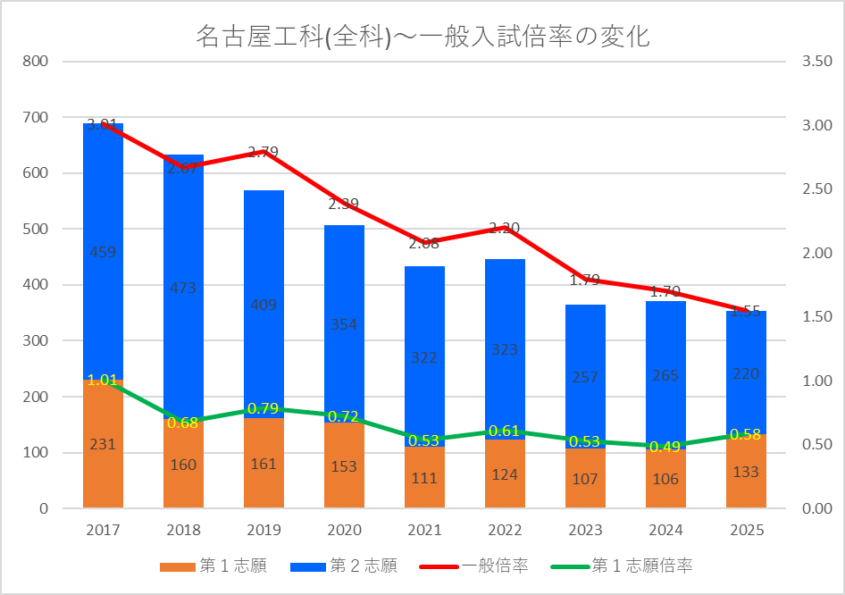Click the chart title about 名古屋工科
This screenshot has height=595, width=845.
(422, 37)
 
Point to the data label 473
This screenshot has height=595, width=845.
(183, 288)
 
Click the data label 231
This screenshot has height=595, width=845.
(103, 444)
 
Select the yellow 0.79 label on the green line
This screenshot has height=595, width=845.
(264, 409)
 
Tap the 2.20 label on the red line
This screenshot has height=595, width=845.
(505, 228)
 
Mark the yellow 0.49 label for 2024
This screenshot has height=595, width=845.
(665, 447)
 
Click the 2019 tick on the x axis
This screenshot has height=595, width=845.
(264, 530)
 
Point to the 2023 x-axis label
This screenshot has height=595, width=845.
(585, 530)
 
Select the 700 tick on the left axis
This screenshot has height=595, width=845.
(37, 117)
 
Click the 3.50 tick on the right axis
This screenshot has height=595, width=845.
(816, 62)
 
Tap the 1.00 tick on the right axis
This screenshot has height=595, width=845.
(816, 381)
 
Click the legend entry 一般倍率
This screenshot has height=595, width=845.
(494, 566)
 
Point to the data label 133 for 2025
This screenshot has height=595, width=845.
(746, 472)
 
